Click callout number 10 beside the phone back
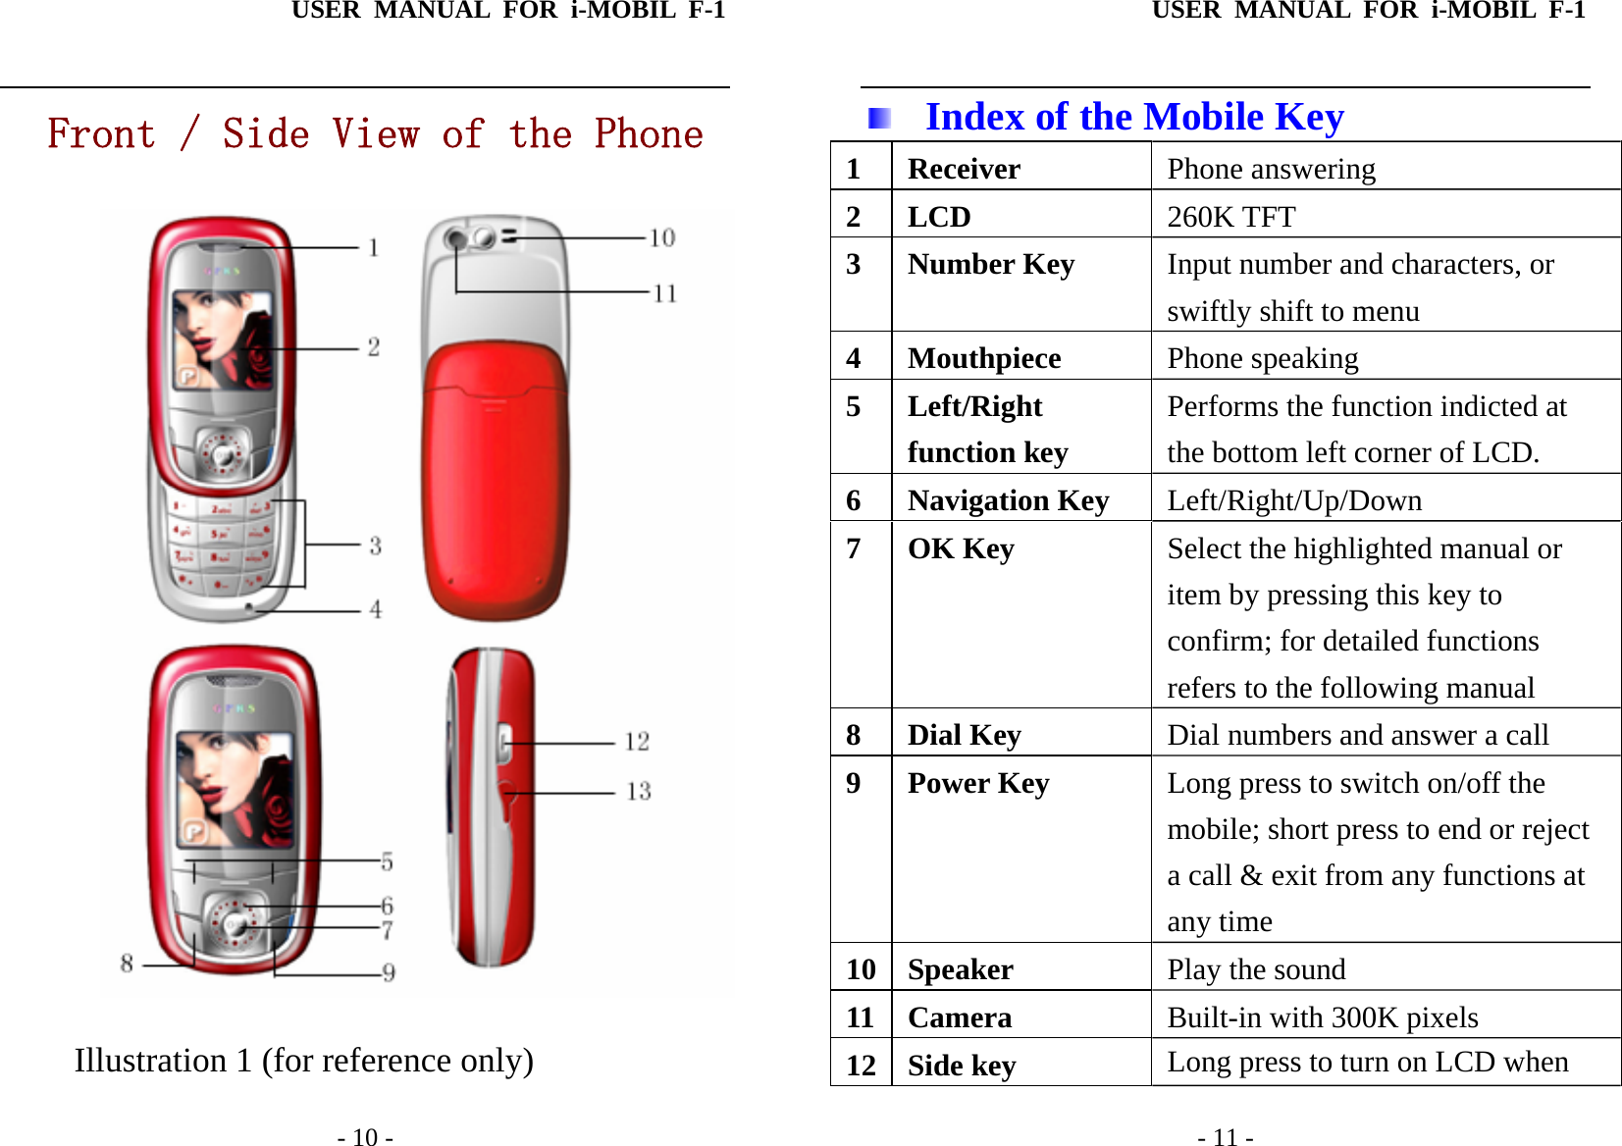pos(662,237)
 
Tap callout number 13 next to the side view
pos(639,791)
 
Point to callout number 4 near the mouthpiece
pos(375,609)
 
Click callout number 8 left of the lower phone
pos(127,964)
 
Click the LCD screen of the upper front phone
pos(223,339)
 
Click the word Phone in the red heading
pos(649,134)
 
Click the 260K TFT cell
pos(1230,217)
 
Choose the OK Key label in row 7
pos(961,548)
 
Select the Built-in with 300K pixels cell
pos(1322,1017)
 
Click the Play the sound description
pos(1256,969)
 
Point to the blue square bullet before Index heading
pos(878,119)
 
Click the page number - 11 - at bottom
pos(1225,1137)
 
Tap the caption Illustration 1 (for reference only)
pos(304,1061)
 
